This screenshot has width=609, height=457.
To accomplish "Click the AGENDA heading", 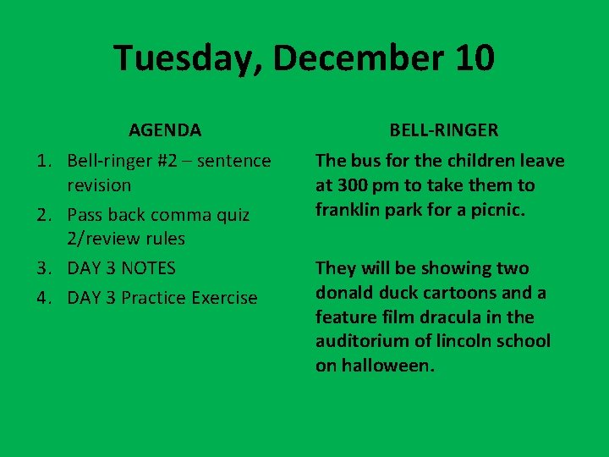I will (165, 130).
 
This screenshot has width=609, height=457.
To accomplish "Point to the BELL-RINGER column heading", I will (444, 130).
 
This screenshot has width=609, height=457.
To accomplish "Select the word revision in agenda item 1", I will (100, 185).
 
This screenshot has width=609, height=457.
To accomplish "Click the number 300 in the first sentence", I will (351, 185).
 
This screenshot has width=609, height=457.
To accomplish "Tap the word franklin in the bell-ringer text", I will (348, 209).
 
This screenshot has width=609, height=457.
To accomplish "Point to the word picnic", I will (498, 209).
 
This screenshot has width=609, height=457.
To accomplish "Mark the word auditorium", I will (363, 342).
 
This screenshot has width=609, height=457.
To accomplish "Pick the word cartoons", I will (463, 293).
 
